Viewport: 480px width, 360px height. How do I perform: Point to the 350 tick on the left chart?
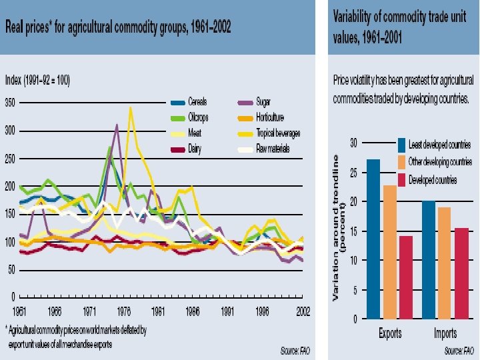pos(10,103)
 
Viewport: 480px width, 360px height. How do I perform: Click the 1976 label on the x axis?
pos(124,311)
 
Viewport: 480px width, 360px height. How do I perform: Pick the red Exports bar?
pos(405,277)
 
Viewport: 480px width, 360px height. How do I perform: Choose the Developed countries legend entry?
pos(433,180)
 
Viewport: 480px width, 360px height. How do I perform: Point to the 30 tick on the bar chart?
pos(354,143)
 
